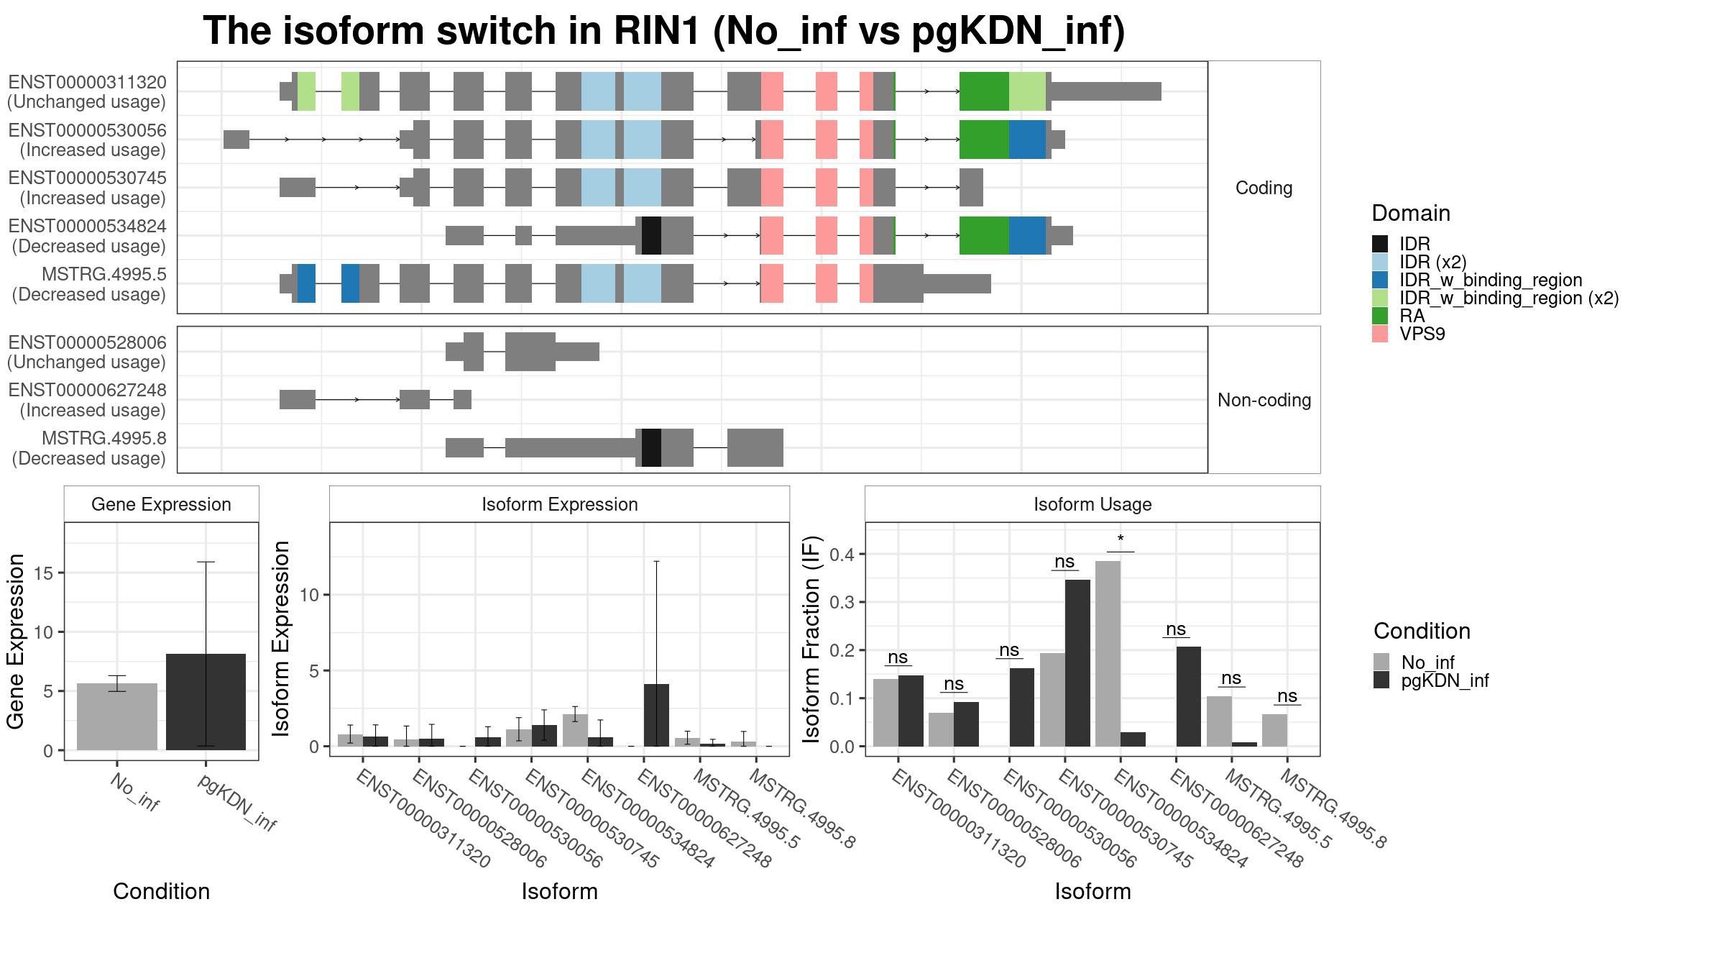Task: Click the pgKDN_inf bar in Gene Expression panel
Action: point(206,702)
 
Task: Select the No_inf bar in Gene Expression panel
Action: point(117,716)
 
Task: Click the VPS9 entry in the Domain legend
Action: point(1422,334)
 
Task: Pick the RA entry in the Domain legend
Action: point(1412,316)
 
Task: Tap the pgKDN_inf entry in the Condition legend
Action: point(1445,681)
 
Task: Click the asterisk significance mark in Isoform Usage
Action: point(1121,540)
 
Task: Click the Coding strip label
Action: point(1264,188)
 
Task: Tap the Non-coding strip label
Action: point(1264,401)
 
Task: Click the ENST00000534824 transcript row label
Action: point(88,236)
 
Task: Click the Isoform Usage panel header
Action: point(1092,505)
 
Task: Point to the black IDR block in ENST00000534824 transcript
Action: point(651,236)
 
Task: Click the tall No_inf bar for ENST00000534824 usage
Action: point(1108,653)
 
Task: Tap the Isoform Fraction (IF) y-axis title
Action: point(812,639)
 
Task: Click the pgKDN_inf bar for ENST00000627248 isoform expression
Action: point(656,715)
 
